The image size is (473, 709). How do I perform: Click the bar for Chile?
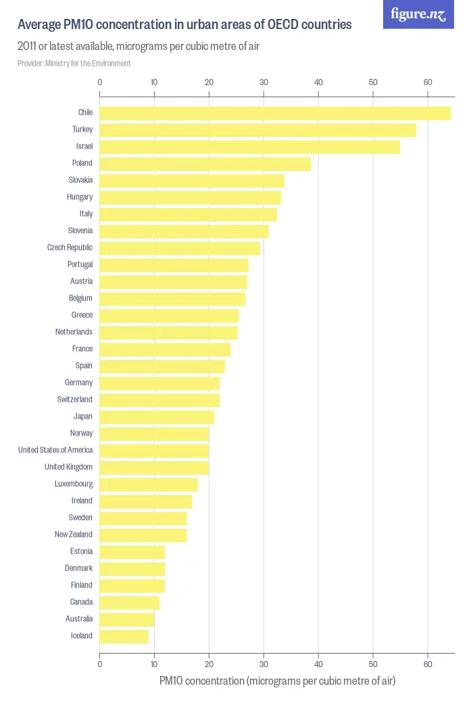(x=275, y=113)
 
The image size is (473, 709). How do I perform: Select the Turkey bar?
(x=257, y=130)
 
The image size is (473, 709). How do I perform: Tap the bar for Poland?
(x=205, y=163)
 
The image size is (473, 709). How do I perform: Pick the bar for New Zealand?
(x=143, y=535)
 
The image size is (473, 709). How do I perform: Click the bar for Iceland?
(x=124, y=636)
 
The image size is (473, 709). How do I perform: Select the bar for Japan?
(x=157, y=417)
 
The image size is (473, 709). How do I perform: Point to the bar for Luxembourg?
(x=149, y=484)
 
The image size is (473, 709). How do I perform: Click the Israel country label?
(x=84, y=146)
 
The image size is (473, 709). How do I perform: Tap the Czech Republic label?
(x=70, y=247)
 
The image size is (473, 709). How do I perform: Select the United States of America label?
(x=55, y=450)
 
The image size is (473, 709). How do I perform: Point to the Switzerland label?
(x=74, y=399)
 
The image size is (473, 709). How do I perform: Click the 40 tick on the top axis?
(x=318, y=82)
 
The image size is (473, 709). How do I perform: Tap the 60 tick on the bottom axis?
(x=427, y=664)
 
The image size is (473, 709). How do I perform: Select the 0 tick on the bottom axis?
(x=100, y=664)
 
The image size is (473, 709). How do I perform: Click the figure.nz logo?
(x=418, y=14)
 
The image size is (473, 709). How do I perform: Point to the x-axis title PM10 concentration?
(x=277, y=681)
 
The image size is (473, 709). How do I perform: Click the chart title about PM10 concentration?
(x=184, y=25)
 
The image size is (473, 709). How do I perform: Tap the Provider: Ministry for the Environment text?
(x=74, y=63)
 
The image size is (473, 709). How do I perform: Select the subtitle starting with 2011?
(x=139, y=47)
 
